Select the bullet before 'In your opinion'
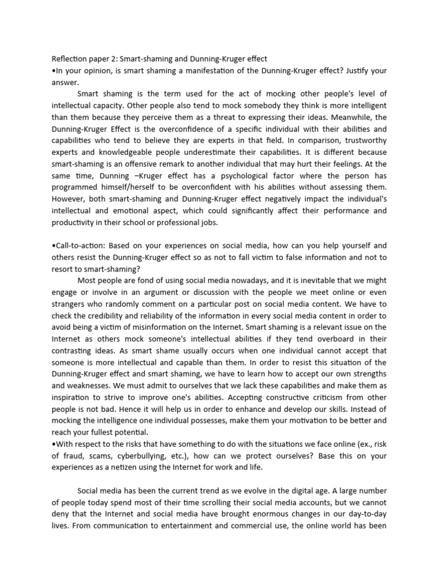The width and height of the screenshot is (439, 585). coord(54,71)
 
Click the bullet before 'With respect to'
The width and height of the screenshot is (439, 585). coord(54,444)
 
